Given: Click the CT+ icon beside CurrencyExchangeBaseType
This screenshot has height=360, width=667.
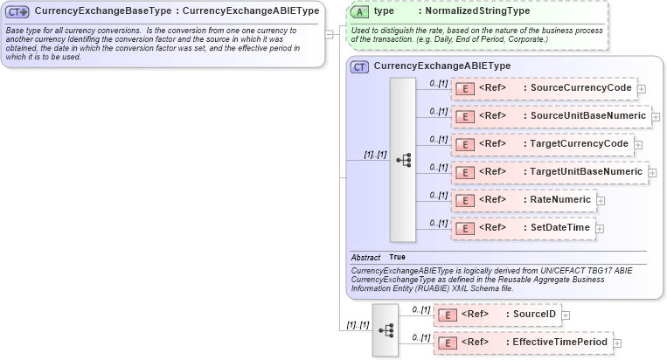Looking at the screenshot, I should pyautogui.click(x=18, y=11).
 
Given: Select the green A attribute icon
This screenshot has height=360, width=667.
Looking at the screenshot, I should pyautogui.click(x=358, y=11).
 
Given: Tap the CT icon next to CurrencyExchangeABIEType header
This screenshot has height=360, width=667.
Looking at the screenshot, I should pyautogui.click(x=358, y=66).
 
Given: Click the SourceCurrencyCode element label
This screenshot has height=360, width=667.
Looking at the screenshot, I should pyautogui.click(x=580, y=88).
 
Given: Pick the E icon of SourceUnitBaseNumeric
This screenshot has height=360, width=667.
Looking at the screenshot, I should pyautogui.click(x=465, y=116).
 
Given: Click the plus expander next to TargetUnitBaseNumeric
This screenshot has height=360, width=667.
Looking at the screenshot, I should pyautogui.click(x=652, y=173).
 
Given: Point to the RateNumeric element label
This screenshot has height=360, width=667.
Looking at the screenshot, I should pyautogui.click(x=559, y=200).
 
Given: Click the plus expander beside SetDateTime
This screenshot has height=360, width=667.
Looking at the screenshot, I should pyautogui.click(x=599, y=229).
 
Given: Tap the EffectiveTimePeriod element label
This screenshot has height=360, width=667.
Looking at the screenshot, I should pyautogui.click(x=559, y=343).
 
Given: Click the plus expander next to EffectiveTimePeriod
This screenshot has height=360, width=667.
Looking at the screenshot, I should pyautogui.click(x=617, y=343).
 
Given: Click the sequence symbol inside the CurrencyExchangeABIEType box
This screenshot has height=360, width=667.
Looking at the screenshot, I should pyautogui.click(x=403, y=160).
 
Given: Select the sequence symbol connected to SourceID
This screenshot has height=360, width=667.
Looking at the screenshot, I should pyautogui.click(x=386, y=329).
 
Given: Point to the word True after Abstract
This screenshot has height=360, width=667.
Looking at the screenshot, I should pyautogui.click(x=397, y=258).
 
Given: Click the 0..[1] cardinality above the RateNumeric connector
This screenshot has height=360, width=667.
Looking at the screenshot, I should pyautogui.click(x=439, y=195).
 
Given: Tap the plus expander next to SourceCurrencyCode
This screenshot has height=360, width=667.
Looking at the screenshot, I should pyautogui.click(x=642, y=89).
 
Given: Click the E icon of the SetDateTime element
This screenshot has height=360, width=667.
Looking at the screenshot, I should pyautogui.click(x=465, y=229).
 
